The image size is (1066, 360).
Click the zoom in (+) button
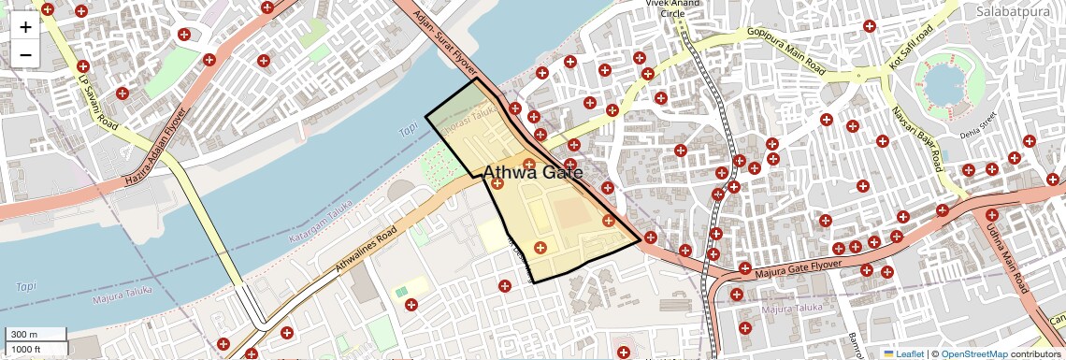click(25, 26)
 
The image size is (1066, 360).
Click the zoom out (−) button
click(25, 54)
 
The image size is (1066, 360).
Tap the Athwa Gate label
click(532, 173)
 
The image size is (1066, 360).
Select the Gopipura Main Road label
click(785, 50)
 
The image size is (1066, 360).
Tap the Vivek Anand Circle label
click(672, 8)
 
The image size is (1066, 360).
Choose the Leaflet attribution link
click(903, 353)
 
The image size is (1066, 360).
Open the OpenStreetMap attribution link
click(973, 353)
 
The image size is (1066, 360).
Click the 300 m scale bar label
click(23, 335)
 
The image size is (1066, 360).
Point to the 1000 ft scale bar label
click(27, 349)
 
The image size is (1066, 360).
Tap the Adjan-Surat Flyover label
click(443, 42)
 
